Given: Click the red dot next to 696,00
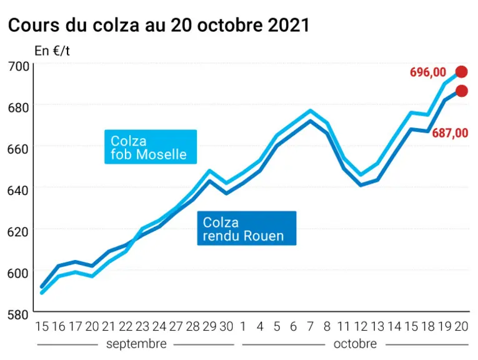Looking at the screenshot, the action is (461, 72).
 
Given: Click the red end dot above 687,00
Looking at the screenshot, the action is (461, 91).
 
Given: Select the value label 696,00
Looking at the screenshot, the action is (427, 72).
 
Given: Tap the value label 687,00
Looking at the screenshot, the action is (450, 133).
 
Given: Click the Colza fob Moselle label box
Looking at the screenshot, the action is (151, 147).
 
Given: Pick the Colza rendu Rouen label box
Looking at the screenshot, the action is (247, 228).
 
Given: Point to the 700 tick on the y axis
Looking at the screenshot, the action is (18, 66).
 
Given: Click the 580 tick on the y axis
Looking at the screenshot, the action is (18, 314).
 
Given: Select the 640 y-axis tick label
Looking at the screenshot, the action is (18, 191).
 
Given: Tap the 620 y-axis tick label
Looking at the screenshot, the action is (18, 232).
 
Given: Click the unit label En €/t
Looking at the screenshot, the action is (52, 51).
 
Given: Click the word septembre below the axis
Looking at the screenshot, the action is (136, 344).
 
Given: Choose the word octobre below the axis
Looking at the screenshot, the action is (355, 344).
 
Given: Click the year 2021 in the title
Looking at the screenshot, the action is (289, 25).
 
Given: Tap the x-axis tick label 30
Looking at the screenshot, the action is (226, 326).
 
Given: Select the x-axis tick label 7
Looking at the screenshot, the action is (311, 326).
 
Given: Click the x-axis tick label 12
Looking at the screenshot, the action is (361, 326).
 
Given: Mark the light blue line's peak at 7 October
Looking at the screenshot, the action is (311, 111).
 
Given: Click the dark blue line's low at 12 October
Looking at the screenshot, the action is (361, 185).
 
